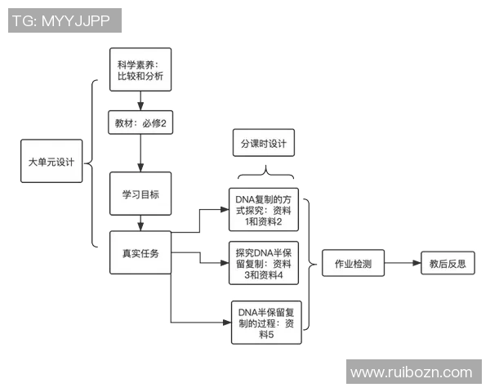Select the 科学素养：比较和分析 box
pos(140,69)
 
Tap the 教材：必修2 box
pos(141,124)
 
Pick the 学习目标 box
pos(140,194)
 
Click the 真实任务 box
pos(140,252)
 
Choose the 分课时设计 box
pos(264,144)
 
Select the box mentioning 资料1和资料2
pos(264,209)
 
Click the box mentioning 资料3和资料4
pos(264,263)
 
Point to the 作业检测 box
pos(353,264)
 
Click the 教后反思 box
pos(447,263)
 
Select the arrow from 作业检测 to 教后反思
pos(402,264)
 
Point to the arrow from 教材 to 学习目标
pos(140,154)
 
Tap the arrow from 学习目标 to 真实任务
pos(140,223)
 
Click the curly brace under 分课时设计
pos(264,175)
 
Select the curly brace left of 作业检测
pos(310,264)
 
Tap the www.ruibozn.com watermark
pos(412,372)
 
